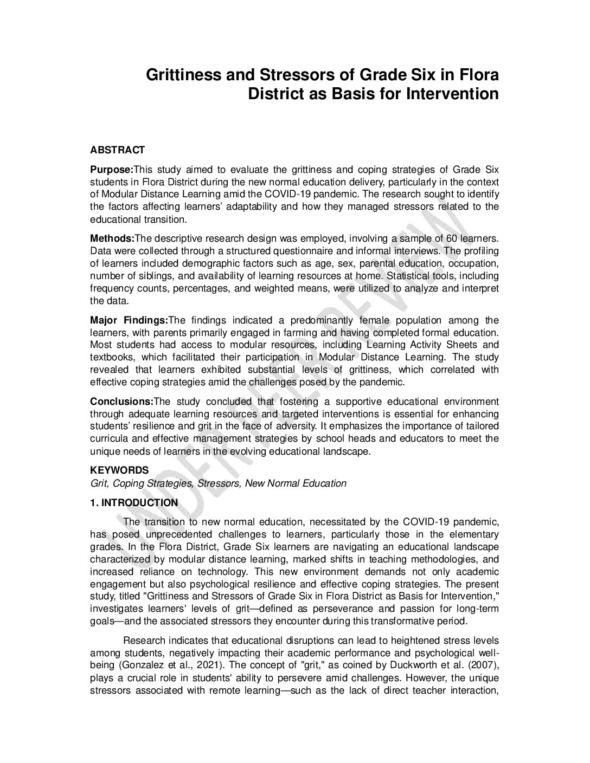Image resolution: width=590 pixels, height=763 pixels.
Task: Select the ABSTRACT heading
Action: (x=117, y=150)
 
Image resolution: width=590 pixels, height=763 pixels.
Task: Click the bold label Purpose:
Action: (x=111, y=169)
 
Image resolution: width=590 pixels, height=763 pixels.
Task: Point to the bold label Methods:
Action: (x=112, y=238)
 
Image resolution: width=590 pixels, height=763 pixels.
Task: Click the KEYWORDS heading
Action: (x=119, y=470)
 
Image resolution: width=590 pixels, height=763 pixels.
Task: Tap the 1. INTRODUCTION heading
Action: (x=133, y=503)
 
